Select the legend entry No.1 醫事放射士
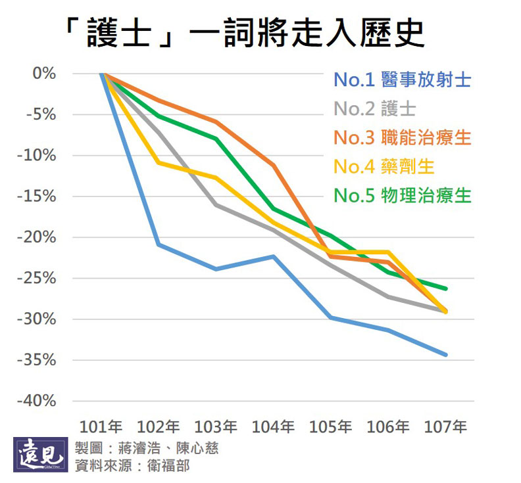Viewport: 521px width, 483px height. [x=402, y=80]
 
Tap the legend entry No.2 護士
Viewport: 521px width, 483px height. [x=374, y=109]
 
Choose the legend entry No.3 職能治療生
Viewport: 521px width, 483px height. [x=402, y=137]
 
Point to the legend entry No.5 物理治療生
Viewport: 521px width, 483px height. [x=402, y=195]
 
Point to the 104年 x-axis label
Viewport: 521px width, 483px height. [x=274, y=426]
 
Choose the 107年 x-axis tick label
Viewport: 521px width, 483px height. [x=446, y=426]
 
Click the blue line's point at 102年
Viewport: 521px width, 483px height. [x=159, y=244]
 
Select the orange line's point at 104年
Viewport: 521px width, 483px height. [x=274, y=165]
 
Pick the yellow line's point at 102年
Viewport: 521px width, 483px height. [x=159, y=162]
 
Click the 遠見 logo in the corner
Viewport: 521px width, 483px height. [x=41, y=455]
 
